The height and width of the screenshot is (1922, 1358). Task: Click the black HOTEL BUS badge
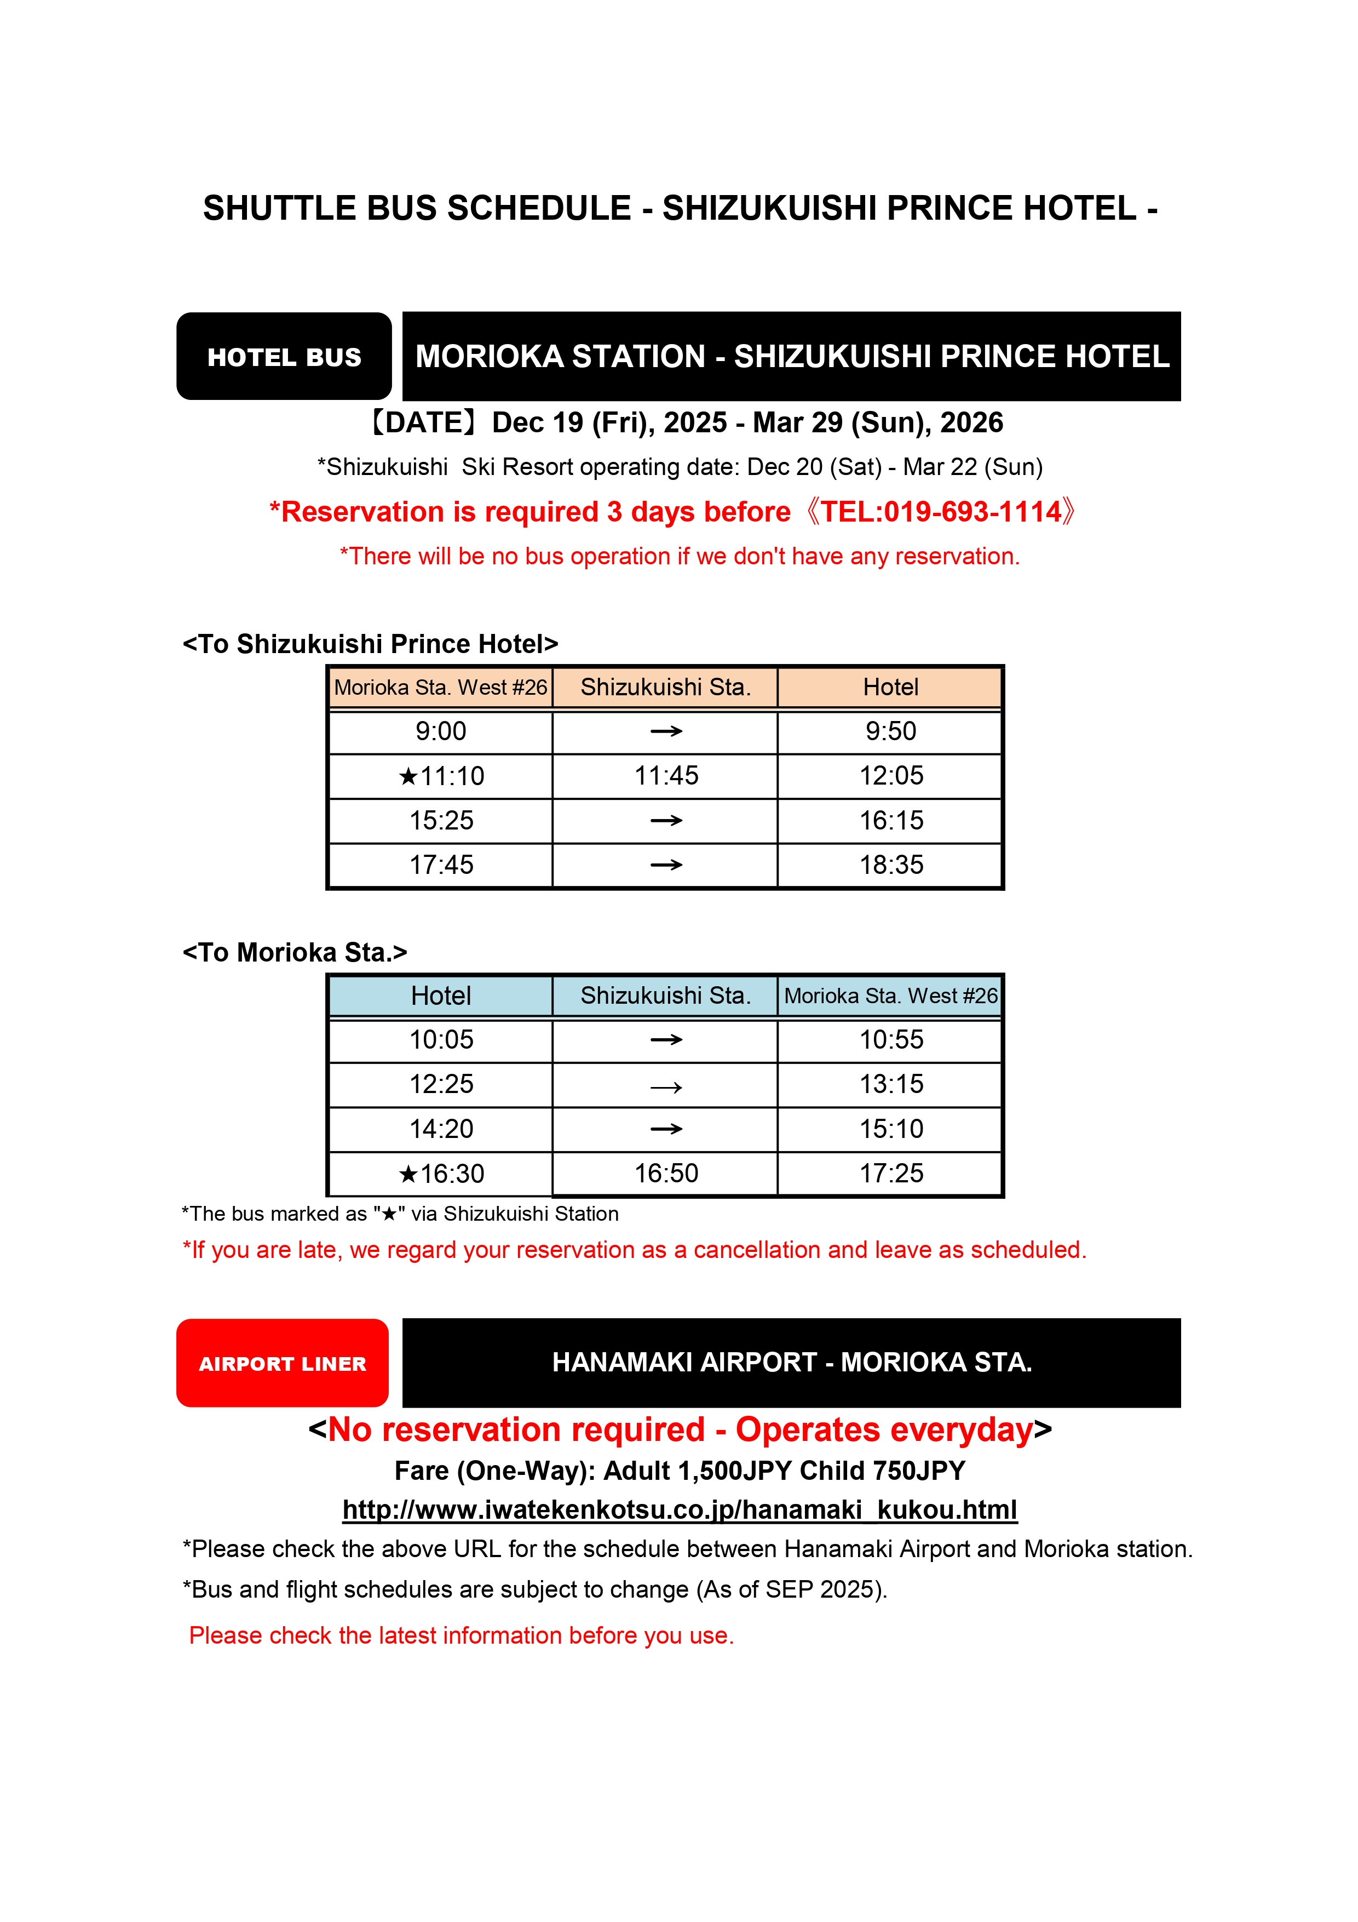(x=284, y=357)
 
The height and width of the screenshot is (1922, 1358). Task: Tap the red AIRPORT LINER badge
(x=282, y=1363)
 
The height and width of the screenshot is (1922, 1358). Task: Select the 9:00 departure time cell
(x=441, y=731)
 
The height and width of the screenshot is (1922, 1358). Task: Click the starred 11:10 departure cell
(x=441, y=776)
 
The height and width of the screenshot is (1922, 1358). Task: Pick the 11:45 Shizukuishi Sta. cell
(x=666, y=776)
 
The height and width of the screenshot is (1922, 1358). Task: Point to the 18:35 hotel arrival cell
(x=891, y=865)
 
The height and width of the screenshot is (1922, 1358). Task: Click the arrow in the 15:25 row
(x=666, y=820)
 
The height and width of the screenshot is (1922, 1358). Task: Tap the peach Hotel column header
(x=891, y=687)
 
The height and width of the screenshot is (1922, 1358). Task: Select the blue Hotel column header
(x=441, y=996)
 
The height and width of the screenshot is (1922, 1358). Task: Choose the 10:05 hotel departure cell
(x=441, y=1040)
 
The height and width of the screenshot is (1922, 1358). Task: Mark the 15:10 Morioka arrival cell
(x=891, y=1129)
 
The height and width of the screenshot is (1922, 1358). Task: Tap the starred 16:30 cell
(x=441, y=1174)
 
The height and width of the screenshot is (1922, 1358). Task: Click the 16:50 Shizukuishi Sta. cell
(x=666, y=1174)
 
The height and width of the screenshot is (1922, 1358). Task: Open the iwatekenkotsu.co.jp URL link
(x=680, y=1509)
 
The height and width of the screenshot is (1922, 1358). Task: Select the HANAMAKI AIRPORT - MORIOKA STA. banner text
(x=792, y=1362)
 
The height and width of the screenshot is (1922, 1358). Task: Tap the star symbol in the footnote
(x=389, y=1214)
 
